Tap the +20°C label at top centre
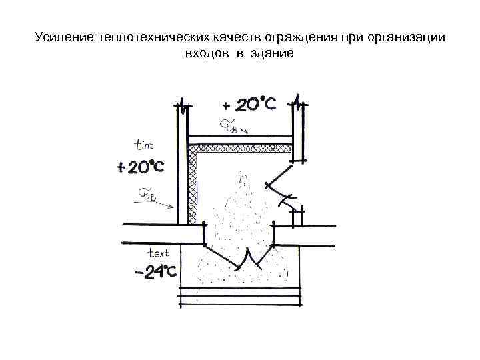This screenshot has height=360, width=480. (x=249, y=105)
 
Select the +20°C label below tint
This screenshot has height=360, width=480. (x=140, y=167)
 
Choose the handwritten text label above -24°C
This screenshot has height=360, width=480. (x=158, y=253)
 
